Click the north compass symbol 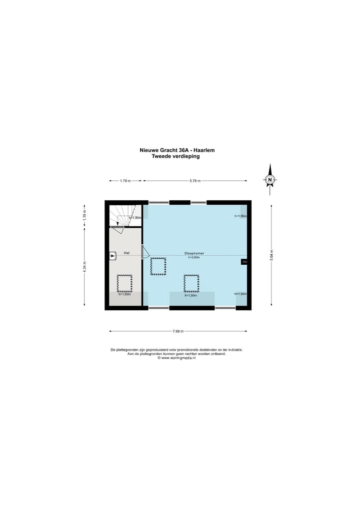click(270, 179)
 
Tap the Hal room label click(127, 253)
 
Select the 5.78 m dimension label click(195, 181)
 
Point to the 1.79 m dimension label click(125, 181)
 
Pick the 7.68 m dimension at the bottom click(178, 331)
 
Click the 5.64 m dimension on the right click(271, 255)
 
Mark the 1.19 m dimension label click(84, 215)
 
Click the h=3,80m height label click(193, 258)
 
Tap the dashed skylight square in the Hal click(124, 283)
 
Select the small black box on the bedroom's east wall click(244, 262)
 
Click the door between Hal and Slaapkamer click(145, 252)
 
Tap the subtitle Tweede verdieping click(175, 156)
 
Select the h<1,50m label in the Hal click(124, 295)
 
